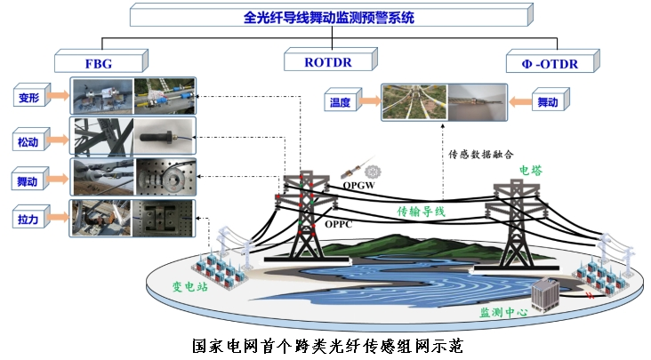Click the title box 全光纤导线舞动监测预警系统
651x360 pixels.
[332, 15]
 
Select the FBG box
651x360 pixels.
[101, 61]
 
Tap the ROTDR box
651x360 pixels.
[331, 60]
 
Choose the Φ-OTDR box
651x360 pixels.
[552, 61]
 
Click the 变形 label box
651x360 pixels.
[32, 95]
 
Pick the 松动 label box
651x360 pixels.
[31, 140]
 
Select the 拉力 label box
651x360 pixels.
[31, 217]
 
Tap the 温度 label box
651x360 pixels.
[343, 100]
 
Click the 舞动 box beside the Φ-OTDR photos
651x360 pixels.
[551, 100]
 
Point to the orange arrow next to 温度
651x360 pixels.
[369, 100]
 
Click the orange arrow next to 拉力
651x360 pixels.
[58, 217]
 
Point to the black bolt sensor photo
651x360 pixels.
[165, 137]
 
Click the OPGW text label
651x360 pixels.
[358, 186]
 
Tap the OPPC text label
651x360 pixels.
[338, 224]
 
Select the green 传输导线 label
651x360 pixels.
[421, 212]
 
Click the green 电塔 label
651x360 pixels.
[531, 171]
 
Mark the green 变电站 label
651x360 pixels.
[189, 286]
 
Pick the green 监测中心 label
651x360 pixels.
[504, 312]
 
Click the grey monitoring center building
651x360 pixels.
[544, 295]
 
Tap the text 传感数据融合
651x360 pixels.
[481, 155]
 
